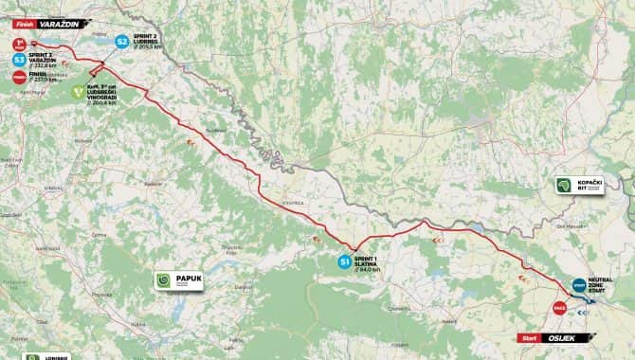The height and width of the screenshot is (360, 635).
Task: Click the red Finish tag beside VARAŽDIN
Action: tap(24, 14)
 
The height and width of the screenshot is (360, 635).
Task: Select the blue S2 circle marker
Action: tap(121, 42)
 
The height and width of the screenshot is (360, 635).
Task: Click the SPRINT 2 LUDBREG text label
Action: tap(151, 43)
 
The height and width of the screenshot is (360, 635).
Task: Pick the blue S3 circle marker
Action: tap(19, 59)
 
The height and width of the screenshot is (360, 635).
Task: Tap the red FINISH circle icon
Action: tap(19, 77)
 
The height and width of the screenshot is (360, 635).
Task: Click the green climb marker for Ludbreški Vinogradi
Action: tap(77, 94)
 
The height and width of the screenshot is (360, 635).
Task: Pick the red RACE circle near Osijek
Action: tap(559, 307)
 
